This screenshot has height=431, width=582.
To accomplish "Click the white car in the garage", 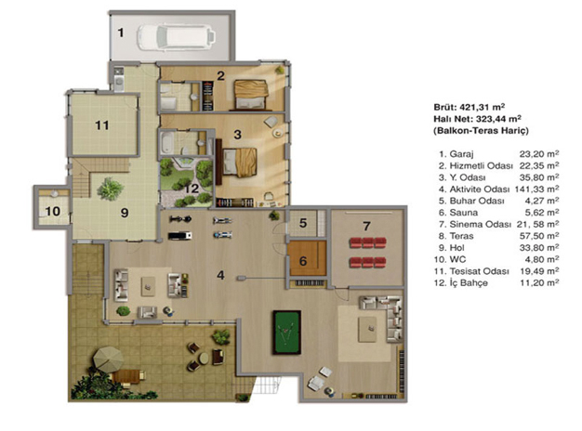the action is pyautogui.click(x=176, y=37).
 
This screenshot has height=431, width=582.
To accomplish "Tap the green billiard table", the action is pyautogui.click(x=287, y=333).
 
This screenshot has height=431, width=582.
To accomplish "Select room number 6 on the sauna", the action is pyautogui.click(x=303, y=261).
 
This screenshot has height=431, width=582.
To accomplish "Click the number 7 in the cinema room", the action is pyautogui.click(x=366, y=226).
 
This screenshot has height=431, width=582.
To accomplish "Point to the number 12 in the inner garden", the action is pyautogui.click(x=192, y=189).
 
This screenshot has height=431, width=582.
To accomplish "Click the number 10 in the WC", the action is pyautogui.click(x=53, y=212).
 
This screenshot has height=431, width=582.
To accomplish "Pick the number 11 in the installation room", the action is pyautogui.click(x=102, y=125).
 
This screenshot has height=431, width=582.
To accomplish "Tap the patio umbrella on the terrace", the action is pyautogui.click(x=108, y=359).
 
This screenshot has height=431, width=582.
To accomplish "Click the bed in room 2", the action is pyautogui.click(x=251, y=95).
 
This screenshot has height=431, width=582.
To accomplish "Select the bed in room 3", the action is pyautogui.click(x=240, y=163).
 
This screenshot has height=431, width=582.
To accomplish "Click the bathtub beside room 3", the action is pyautogui.click(x=165, y=143).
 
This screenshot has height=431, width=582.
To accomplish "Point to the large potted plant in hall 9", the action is pyautogui.click(x=111, y=189).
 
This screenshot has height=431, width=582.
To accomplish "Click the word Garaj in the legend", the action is pyautogui.click(x=461, y=154).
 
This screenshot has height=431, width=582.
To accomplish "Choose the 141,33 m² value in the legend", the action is pyautogui.click(x=536, y=189).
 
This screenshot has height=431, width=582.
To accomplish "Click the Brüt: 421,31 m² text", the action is pyautogui.click(x=470, y=107).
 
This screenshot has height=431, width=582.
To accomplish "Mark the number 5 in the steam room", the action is pyautogui.click(x=303, y=223).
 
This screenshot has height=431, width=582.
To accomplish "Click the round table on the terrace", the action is pyautogui.click(x=204, y=359).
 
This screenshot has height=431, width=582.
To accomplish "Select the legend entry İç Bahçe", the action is pyautogui.click(x=469, y=283).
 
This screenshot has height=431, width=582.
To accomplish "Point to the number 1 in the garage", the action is pyautogui.click(x=121, y=33).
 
